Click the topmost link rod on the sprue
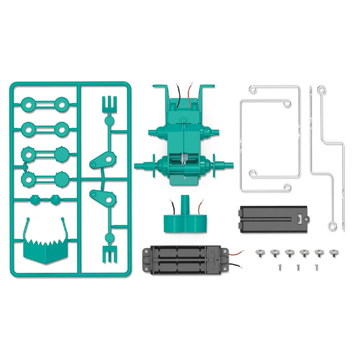[x=44, y=104]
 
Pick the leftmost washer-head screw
[x=260, y=253]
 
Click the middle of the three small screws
[x=297, y=266]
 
